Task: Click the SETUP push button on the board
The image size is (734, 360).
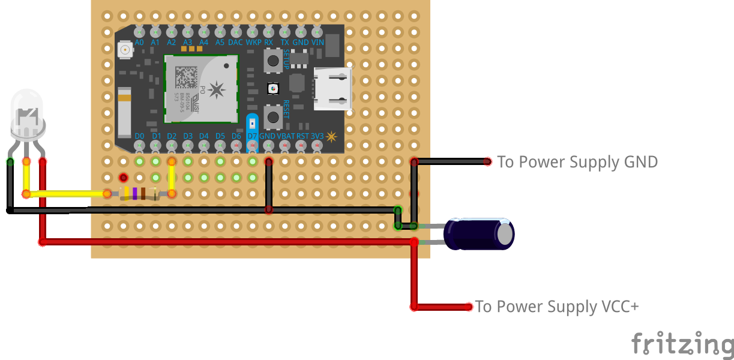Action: tap(273, 60)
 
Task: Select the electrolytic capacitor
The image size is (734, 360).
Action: tap(478, 234)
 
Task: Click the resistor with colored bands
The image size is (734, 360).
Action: tap(139, 193)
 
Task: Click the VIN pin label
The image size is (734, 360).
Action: tap(317, 43)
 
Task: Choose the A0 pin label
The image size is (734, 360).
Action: tap(139, 43)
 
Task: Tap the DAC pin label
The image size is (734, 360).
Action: tap(235, 43)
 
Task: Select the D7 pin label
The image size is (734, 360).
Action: tap(252, 136)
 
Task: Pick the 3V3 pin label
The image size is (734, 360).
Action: tap(317, 136)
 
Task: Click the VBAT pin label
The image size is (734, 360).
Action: tap(286, 136)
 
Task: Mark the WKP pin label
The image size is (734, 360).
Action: tap(253, 43)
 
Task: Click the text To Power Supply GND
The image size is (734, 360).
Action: tap(577, 162)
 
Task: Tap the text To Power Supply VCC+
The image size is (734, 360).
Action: tap(557, 307)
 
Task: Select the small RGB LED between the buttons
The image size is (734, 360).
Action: tap(272, 89)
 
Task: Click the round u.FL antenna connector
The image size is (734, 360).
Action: tap(125, 50)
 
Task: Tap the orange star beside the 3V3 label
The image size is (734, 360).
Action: tap(331, 136)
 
